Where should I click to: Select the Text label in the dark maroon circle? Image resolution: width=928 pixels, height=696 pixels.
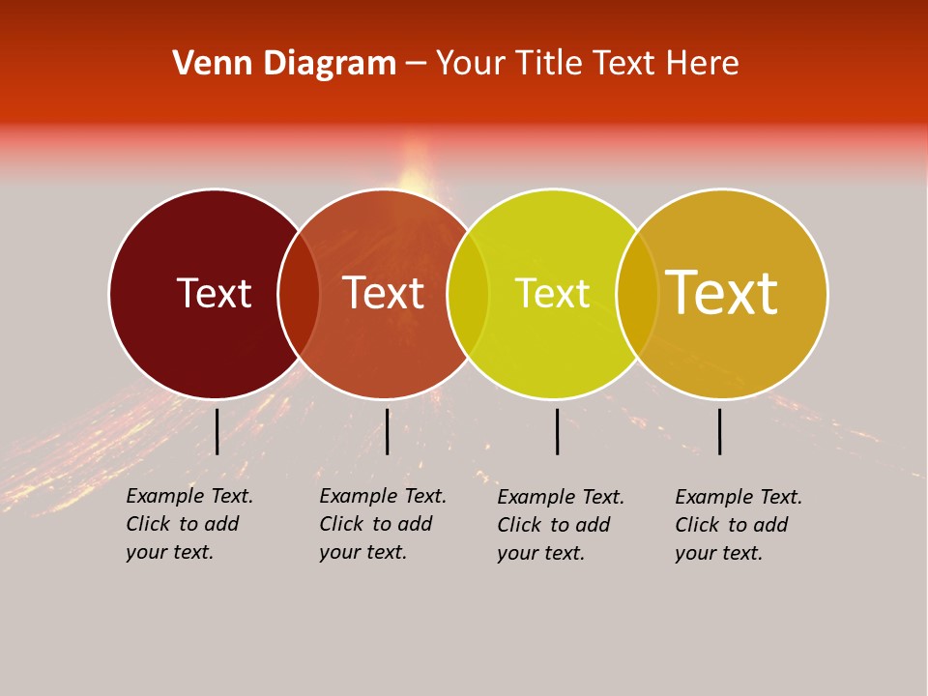pos(214,293)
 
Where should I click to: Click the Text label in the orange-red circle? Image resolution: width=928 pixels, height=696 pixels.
pos(384,293)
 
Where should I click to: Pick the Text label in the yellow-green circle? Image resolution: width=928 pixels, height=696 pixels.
pos(552,293)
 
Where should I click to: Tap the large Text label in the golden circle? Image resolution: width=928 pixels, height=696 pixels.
pos(722,292)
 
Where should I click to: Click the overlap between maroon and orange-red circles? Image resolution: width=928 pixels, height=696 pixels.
pos(299,294)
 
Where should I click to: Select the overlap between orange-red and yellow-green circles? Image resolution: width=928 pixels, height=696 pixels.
pos(468,294)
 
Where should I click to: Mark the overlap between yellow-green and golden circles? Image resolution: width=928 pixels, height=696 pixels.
pos(637,294)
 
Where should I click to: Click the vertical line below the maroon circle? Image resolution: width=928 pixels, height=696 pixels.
pos(217,431)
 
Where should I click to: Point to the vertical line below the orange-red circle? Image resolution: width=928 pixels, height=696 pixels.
pos(387,431)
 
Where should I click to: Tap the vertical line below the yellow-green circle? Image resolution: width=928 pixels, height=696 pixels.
pos(557,431)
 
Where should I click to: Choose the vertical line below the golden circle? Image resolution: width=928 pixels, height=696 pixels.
pos(719,431)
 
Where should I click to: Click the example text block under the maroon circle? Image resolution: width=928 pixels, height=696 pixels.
pos(189,524)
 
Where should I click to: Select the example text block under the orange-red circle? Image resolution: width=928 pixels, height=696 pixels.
pos(383,524)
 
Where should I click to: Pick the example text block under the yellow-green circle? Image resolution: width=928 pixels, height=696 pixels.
pos(561,525)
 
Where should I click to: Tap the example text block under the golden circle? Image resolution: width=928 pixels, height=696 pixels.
pos(739,525)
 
